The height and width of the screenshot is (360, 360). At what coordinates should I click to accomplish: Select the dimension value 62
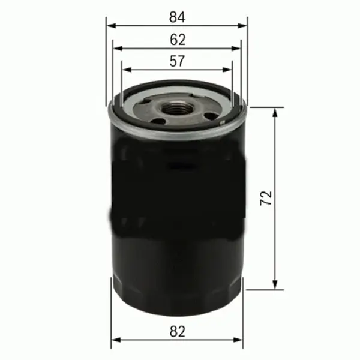pos(177,40)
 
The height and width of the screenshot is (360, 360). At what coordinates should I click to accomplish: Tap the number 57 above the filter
pos(177,61)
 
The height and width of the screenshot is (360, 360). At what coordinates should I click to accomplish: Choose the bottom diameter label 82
pos(177,331)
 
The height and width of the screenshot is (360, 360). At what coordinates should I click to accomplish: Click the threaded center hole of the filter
pos(177,109)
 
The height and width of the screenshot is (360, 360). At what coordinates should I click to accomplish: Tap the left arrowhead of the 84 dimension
pos(110,26)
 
